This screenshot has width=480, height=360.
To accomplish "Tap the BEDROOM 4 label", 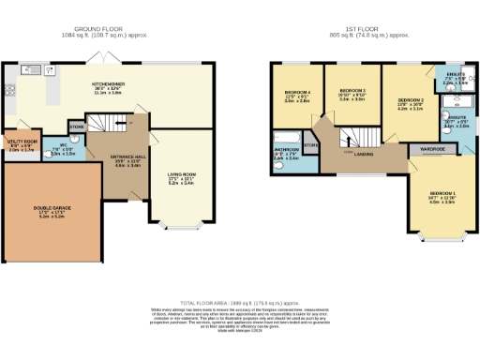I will point(297,93).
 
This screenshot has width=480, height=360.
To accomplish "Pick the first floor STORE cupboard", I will point(311,145).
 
